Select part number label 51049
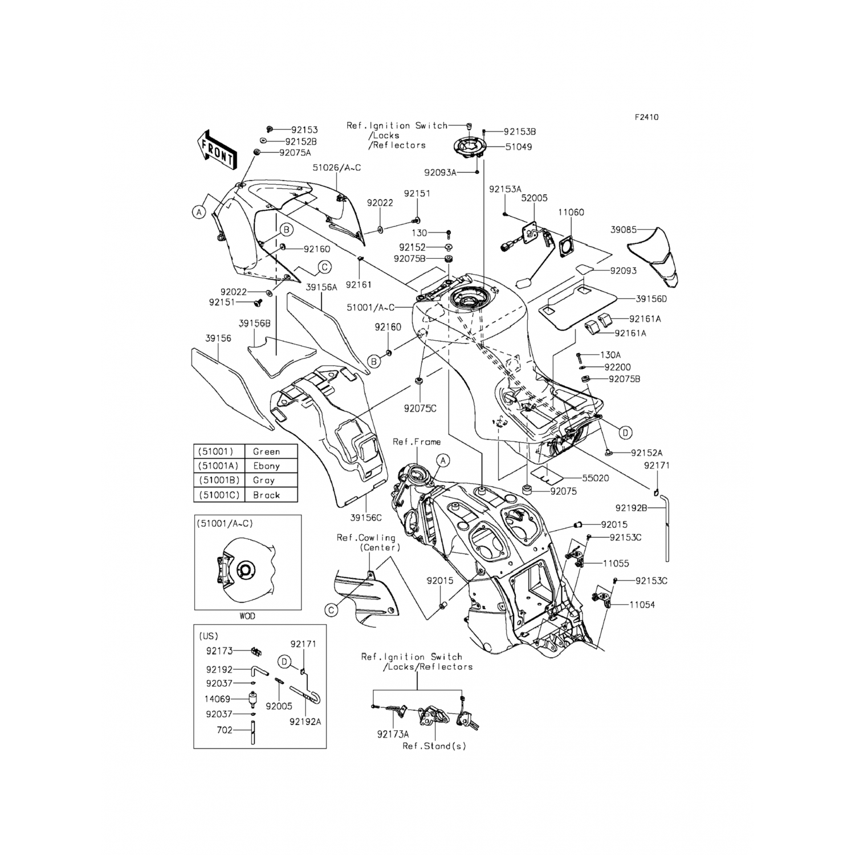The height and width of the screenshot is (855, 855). point(518,147)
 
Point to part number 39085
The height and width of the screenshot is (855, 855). point(624,230)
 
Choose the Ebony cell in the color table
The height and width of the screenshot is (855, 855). point(266,466)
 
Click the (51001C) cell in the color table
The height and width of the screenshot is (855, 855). point(219,495)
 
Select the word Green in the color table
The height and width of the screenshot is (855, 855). point(266,451)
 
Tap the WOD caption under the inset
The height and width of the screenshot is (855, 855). point(247,616)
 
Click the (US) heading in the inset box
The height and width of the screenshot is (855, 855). point(208,636)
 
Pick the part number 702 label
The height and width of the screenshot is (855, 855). point(225,730)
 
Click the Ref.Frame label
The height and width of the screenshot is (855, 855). point(416,442)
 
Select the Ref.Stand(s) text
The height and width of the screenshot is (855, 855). point(434,746)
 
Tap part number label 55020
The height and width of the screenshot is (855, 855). point(595,478)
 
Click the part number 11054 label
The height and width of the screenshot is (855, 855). point(642,604)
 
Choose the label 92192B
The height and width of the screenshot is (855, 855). point(631,507)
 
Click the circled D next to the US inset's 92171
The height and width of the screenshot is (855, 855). point(285,662)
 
